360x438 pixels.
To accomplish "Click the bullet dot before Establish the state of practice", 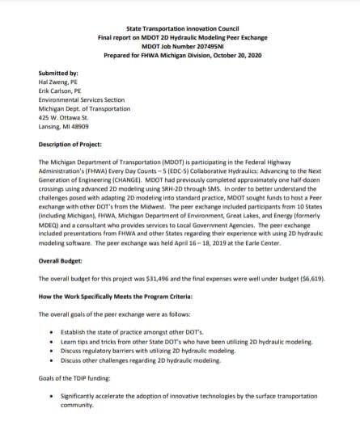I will point(53,331).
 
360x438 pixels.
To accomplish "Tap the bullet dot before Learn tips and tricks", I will point(53,342).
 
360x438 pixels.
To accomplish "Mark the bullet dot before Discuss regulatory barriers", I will point(53,352).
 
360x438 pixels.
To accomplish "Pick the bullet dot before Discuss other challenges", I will point(53,361).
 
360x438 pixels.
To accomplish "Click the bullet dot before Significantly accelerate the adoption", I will point(53,396).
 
